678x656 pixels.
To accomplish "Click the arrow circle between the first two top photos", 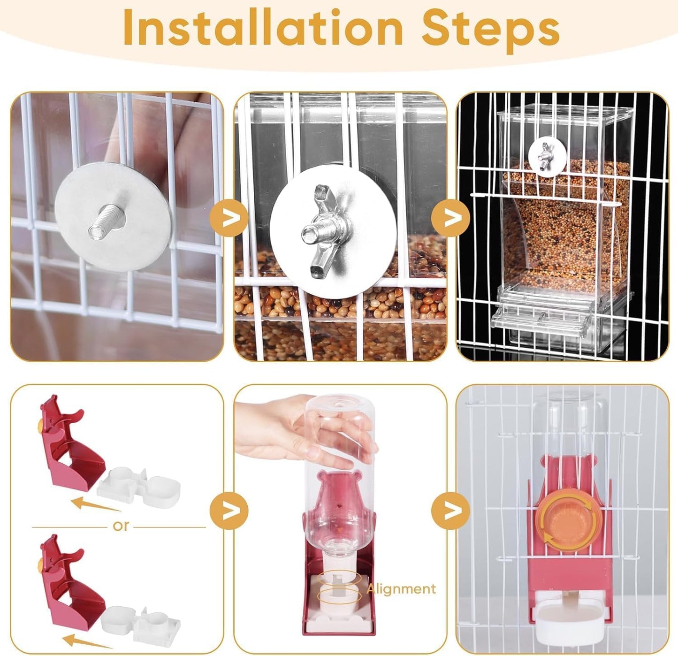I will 229,218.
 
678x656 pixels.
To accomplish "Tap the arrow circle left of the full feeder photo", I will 450,218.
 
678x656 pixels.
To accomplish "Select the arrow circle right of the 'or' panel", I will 229,511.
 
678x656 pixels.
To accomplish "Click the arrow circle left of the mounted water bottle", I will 450,511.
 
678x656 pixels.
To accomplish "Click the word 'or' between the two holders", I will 120,526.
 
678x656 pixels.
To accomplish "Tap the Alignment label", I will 401,588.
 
